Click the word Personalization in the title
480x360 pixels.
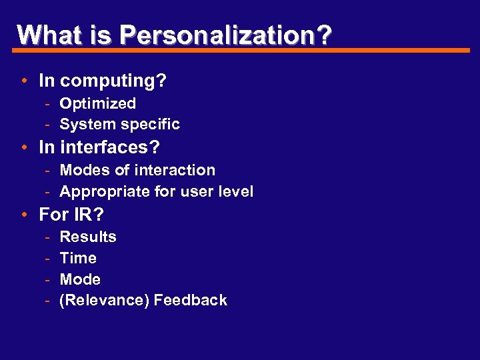tap(226, 34)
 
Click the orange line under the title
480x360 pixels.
tap(240, 50)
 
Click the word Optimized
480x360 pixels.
tap(97, 103)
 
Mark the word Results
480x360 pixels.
tap(88, 237)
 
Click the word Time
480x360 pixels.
tap(78, 258)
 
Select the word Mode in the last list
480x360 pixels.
tap(80, 279)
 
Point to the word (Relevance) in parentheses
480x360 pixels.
tap(104, 301)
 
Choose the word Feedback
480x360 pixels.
tap(190, 301)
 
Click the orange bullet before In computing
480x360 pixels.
tap(23, 82)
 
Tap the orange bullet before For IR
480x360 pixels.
tap(23, 215)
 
